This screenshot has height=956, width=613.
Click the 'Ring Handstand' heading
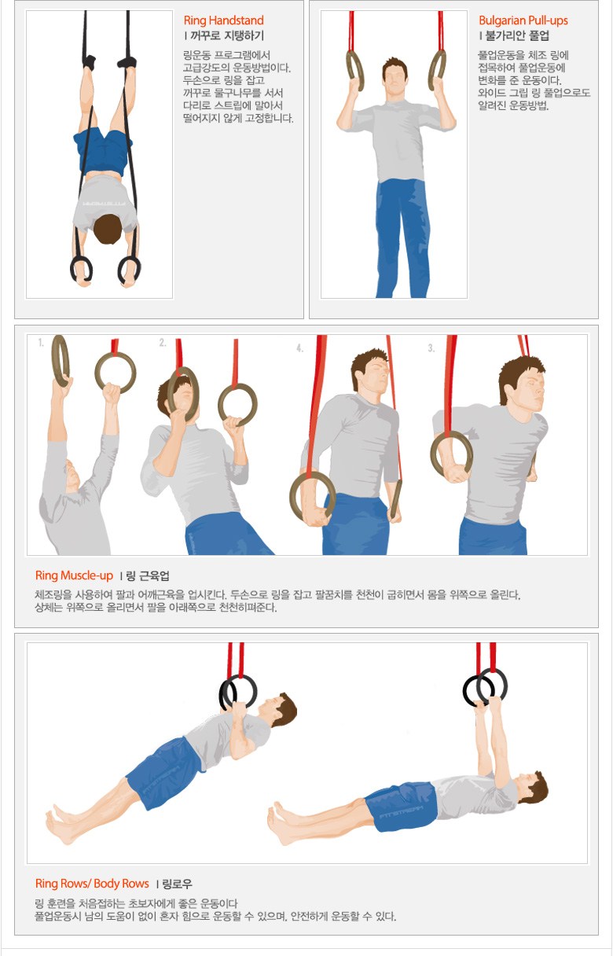coord(223,20)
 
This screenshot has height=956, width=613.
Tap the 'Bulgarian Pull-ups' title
coord(523,20)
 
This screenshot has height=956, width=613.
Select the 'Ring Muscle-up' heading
coord(74,575)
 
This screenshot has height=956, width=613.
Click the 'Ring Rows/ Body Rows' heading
coord(92,884)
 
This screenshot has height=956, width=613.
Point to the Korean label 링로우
coord(178,884)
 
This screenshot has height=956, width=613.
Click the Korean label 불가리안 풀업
coord(517,35)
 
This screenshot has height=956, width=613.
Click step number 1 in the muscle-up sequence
coord(41,342)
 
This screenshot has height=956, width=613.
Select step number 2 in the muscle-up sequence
coord(163,342)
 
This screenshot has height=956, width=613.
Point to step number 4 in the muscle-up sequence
coord(300,348)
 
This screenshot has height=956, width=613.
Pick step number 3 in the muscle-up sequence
coord(431,348)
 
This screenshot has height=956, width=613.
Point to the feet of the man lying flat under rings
coord(282,821)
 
